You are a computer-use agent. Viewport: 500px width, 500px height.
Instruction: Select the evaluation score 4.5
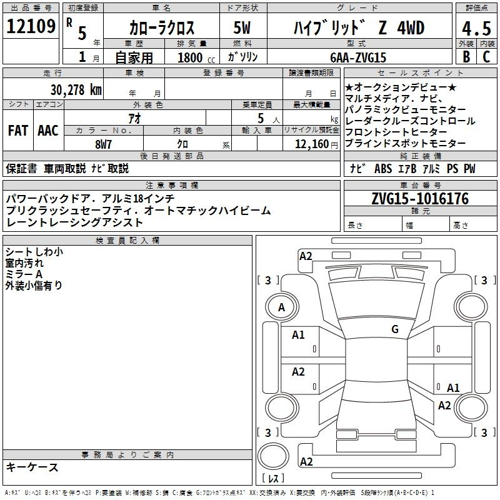[x=476, y=28]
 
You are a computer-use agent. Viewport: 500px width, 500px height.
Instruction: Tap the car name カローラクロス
[x=162, y=28]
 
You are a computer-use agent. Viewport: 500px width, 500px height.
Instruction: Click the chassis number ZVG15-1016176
[x=420, y=199]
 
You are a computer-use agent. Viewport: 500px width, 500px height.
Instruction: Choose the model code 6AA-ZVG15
[x=358, y=57]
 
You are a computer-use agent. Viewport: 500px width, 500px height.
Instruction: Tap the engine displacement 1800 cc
[x=194, y=57]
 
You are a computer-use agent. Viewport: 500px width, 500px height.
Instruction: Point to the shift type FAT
[x=17, y=131]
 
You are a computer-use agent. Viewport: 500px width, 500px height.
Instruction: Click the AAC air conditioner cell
[x=47, y=131]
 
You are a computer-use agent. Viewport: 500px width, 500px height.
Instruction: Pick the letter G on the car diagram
[x=394, y=329]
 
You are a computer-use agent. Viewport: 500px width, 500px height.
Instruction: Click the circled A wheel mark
[x=281, y=307]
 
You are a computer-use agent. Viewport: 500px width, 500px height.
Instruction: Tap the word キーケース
[x=32, y=467]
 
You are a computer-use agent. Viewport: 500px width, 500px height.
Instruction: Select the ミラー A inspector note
[x=24, y=274]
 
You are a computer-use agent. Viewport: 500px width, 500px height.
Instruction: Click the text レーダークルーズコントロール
[x=410, y=121]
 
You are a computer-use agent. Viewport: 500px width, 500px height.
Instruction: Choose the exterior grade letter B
[x=465, y=57]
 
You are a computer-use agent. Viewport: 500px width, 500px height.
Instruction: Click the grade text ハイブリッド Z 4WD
[x=358, y=28]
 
